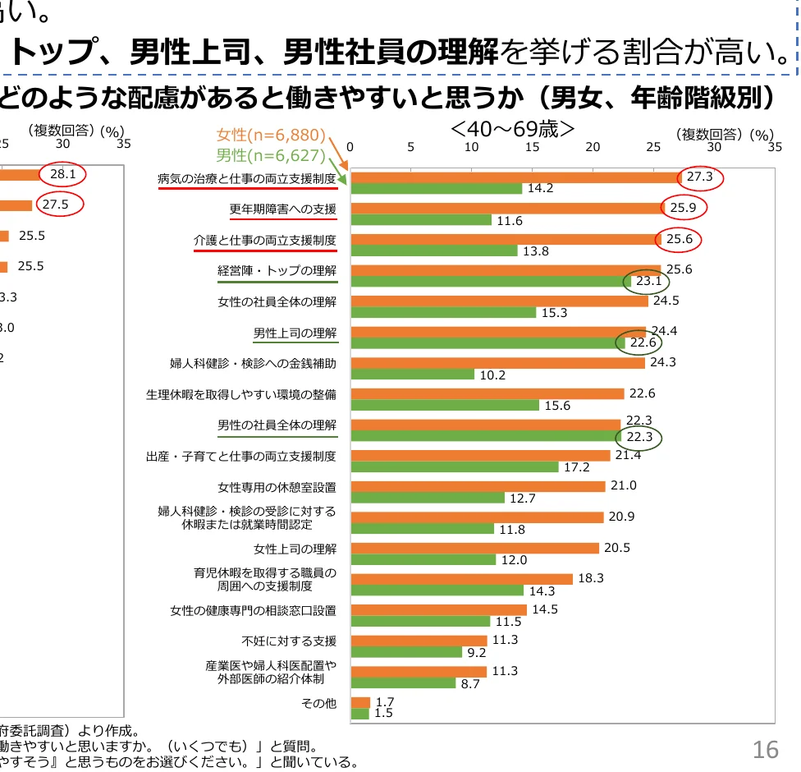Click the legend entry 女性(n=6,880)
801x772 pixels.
pyautogui.click(x=271, y=136)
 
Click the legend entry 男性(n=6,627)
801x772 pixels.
pyautogui.click(x=271, y=154)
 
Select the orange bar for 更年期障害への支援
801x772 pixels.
pyautogui.click(x=506, y=208)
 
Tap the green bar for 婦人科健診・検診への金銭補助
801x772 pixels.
pyautogui.click(x=412, y=375)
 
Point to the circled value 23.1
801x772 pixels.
pyautogui.click(x=649, y=281)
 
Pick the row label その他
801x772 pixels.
pyautogui.click(x=319, y=703)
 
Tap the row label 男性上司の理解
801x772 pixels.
pyautogui.click(x=295, y=333)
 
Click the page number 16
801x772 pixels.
pyautogui.click(x=765, y=749)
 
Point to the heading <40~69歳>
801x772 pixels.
pyautogui.click(x=512, y=130)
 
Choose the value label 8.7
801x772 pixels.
pyautogui.click(x=470, y=683)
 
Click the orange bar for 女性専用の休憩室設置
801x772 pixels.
pyautogui.click(x=478, y=486)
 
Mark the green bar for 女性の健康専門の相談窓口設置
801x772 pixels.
pyautogui.click(x=420, y=622)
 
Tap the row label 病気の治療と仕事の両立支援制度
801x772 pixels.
pyautogui.click(x=247, y=178)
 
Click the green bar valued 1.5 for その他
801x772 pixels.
pyautogui.click(x=359, y=714)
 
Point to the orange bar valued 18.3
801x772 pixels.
pyautogui.click(x=461, y=579)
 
